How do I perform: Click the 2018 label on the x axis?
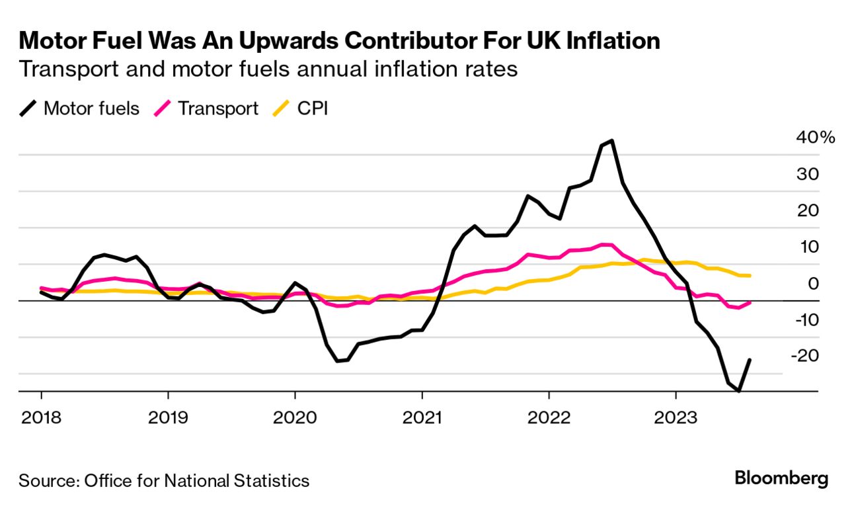pos(41,419)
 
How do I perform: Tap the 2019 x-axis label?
pos(168,419)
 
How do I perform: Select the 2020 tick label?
pos(295,419)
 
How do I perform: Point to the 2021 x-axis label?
pos(421,419)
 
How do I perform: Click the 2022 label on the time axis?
pos(549,419)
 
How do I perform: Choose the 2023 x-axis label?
pos(676,419)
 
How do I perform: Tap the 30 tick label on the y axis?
pos(808,175)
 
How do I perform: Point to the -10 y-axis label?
pos(806,320)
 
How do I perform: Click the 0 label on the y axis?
pos(812,284)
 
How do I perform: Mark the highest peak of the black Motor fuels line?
pos(612,140)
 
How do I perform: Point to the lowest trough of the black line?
pos(739,391)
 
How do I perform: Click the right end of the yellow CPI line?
pos(750,275)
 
